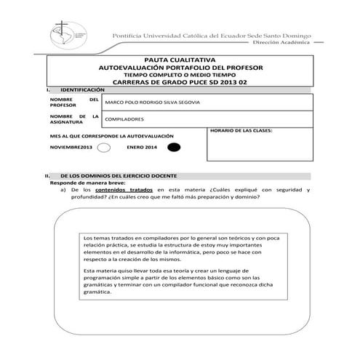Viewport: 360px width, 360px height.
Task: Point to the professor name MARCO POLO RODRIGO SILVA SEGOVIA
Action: (152, 102)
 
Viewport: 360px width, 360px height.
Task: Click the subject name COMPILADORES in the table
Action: (124, 119)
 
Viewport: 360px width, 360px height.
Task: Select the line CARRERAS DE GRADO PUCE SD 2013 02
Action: (180, 81)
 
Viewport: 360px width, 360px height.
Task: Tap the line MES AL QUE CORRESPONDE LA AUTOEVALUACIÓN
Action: (111, 136)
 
